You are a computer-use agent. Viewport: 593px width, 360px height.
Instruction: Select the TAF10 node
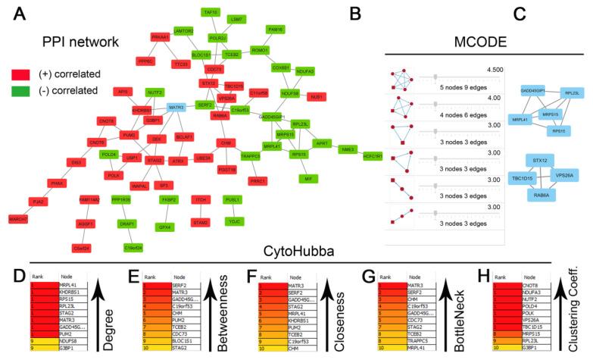click(211, 13)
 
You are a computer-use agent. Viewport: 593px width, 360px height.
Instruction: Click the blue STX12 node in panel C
click(541, 161)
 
